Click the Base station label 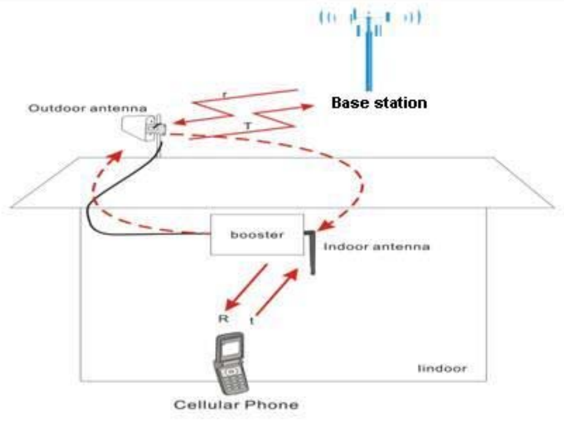click(378, 102)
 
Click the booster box click(257, 234)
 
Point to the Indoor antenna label click(376, 247)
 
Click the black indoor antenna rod click(311, 252)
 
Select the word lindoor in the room click(442, 369)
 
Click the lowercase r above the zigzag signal click(227, 96)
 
